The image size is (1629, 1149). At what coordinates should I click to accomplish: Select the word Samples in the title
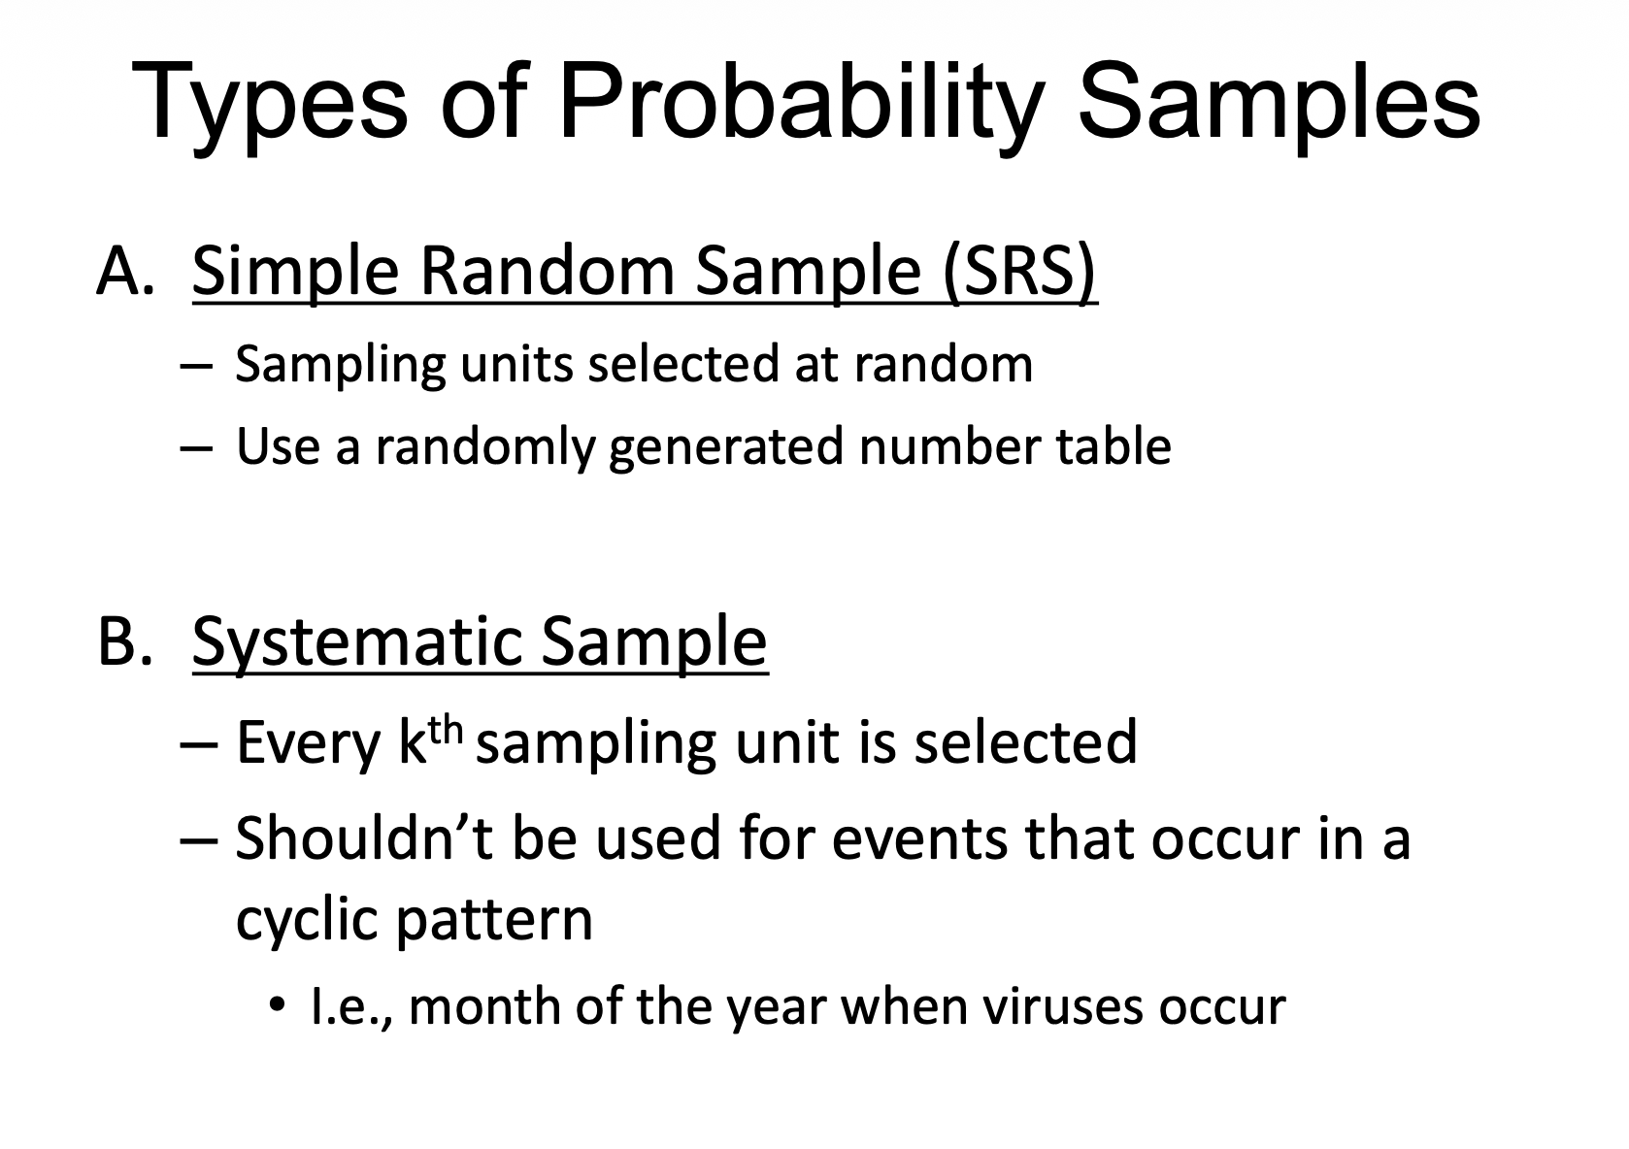pyautogui.click(x=1279, y=102)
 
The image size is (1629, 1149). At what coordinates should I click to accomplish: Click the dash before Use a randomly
pyautogui.click(x=194, y=448)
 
